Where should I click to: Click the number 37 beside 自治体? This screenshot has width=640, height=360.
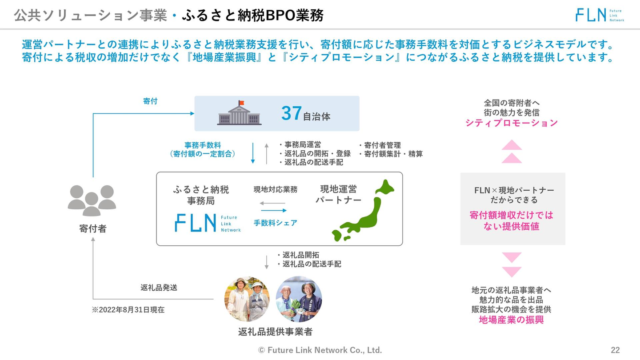(292, 113)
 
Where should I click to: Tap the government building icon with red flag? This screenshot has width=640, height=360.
(239, 113)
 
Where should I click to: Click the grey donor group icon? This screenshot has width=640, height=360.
(92, 200)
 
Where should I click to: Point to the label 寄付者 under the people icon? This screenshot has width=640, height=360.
(93, 229)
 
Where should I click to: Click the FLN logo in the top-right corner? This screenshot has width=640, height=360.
(600, 15)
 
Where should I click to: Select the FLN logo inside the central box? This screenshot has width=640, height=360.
(208, 223)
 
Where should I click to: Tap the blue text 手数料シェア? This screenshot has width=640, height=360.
(275, 223)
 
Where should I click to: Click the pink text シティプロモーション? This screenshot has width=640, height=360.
(511, 123)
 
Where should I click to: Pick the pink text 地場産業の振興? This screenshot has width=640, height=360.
(511, 320)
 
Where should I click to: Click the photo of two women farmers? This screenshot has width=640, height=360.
(247, 299)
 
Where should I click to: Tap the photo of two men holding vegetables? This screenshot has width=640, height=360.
(299, 299)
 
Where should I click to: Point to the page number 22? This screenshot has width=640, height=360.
(615, 350)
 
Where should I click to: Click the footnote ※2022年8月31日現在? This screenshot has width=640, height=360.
(128, 310)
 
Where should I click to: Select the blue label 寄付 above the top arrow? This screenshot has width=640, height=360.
(150, 101)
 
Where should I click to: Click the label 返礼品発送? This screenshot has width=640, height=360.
(159, 288)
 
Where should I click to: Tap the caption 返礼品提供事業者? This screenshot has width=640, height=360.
(275, 332)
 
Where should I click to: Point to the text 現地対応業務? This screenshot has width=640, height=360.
(275, 189)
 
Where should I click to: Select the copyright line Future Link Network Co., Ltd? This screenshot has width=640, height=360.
(320, 350)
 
